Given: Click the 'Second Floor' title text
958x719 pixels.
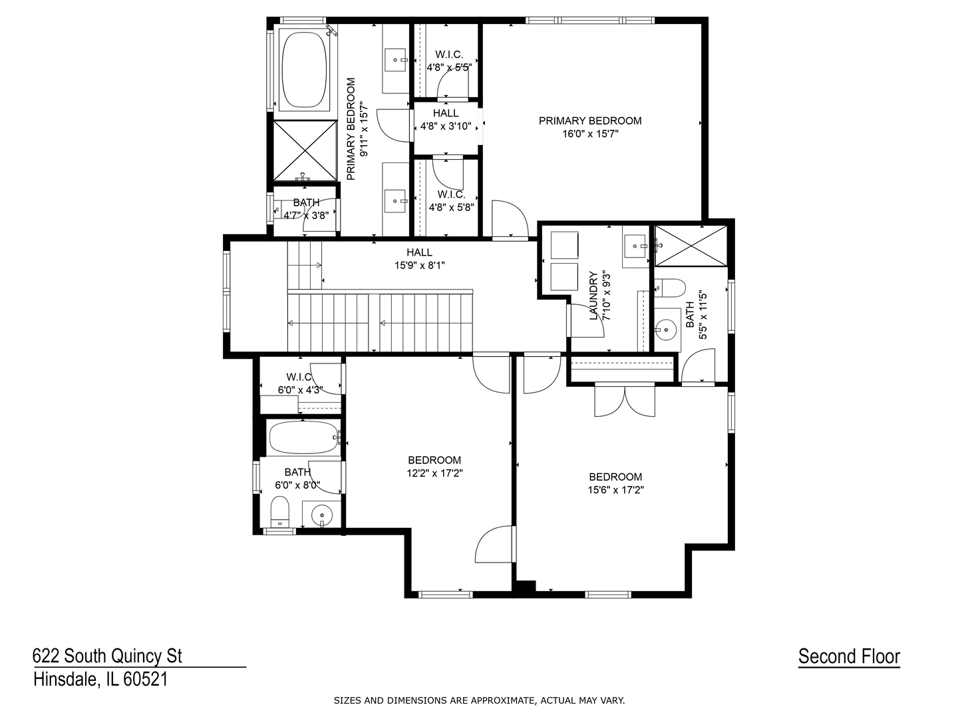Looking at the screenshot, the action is pyautogui.click(x=849, y=656).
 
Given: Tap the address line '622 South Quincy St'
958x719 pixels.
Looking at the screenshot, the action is pyautogui.click(x=107, y=656).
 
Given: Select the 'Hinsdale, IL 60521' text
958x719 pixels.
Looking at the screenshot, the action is pyautogui.click(x=101, y=679).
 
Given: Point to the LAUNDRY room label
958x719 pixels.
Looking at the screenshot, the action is pyautogui.click(x=593, y=296).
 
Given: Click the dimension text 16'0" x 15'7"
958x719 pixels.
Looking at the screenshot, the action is pyautogui.click(x=590, y=134).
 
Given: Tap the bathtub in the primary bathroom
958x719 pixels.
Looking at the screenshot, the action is pyautogui.click(x=304, y=70).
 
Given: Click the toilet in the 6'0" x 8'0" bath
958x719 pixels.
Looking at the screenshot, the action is pyautogui.click(x=280, y=512).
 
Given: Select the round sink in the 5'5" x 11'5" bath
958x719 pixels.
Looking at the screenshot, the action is pyautogui.click(x=667, y=330).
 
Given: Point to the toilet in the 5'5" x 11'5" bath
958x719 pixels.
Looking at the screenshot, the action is pyautogui.click(x=670, y=288).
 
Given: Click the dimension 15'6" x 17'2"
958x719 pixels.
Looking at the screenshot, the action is pyautogui.click(x=615, y=490).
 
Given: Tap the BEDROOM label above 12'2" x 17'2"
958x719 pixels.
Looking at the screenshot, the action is pyautogui.click(x=434, y=460).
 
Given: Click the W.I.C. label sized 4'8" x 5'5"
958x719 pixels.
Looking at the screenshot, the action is pyautogui.click(x=449, y=55).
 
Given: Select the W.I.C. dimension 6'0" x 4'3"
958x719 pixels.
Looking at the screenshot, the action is pyautogui.click(x=300, y=390).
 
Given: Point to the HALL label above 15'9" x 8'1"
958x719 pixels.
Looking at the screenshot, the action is pyautogui.click(x=419, y=252).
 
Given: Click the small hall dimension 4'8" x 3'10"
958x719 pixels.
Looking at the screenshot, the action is pyautogui.click(x=446, y=126).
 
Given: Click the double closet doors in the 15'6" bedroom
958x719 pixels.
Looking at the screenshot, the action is pyautogui.click(x=625, y=400).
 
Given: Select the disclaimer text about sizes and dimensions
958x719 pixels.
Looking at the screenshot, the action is pyautogui.click(x=479, y=700).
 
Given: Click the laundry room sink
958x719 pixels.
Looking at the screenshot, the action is pyautogui.click(x=635, y=246).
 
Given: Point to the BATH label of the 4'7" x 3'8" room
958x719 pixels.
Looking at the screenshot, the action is pyautogui.click(x=306, y=202).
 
